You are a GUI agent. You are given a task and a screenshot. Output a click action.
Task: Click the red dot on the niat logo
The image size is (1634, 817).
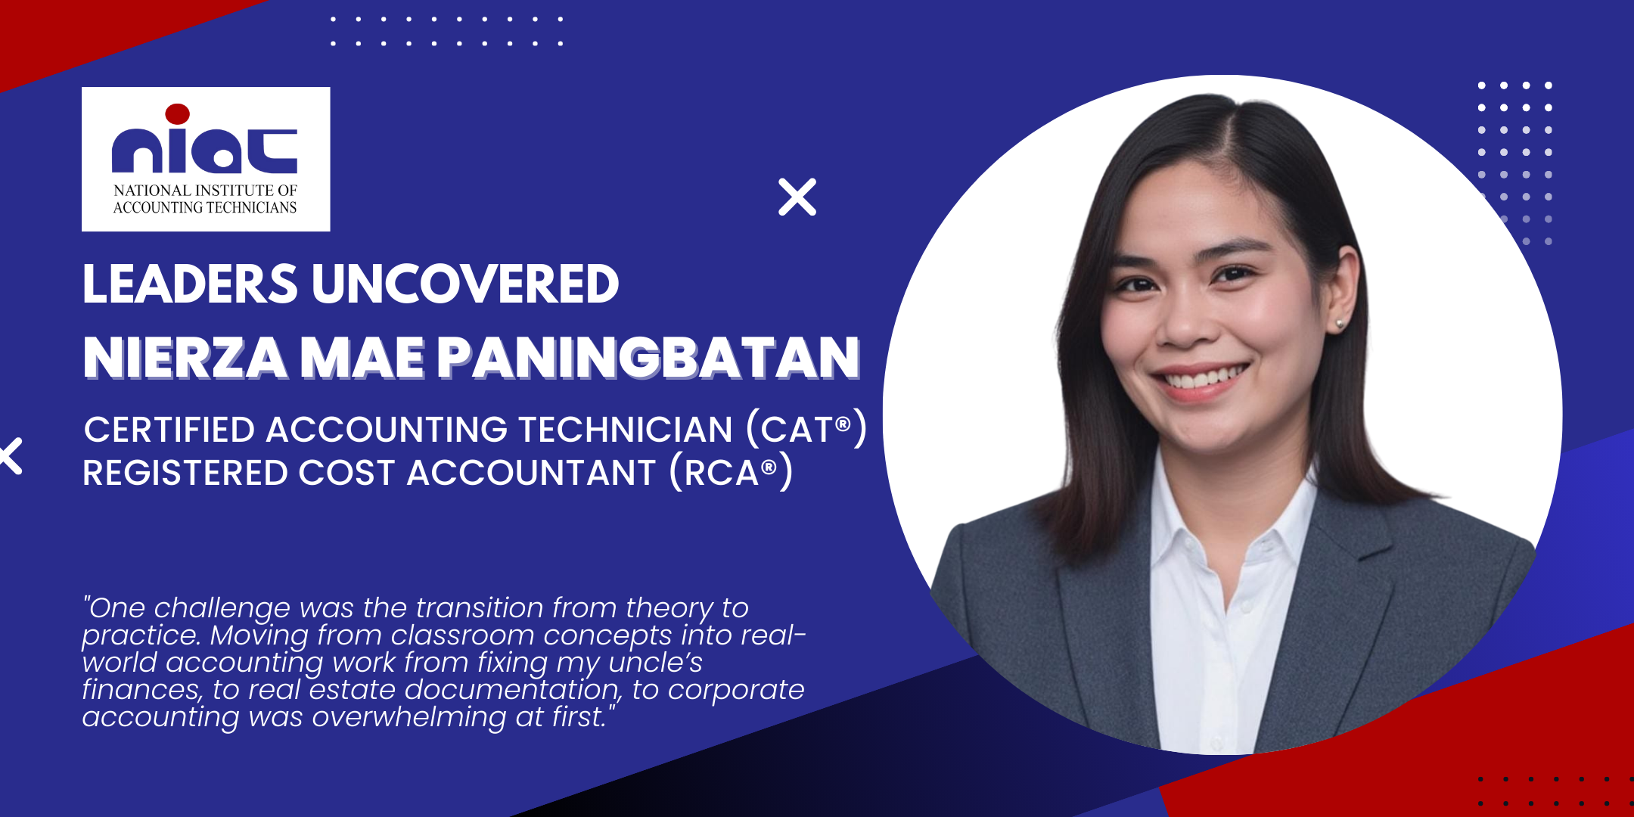[177, 113]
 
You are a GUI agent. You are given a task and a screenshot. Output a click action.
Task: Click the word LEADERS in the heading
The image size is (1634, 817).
[191, 284]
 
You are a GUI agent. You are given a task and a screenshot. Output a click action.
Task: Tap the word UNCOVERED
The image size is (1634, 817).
[465, 284]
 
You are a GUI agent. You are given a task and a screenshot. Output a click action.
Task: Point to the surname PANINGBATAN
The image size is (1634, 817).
[648, 357]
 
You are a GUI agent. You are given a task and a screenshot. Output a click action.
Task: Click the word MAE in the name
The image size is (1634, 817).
[362, 357]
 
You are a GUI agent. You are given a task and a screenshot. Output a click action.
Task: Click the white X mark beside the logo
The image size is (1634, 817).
[797, 197]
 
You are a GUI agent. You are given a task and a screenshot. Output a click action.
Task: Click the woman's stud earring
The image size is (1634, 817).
[1339, 324]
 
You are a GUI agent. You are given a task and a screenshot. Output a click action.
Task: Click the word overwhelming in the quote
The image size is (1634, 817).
[408, 716]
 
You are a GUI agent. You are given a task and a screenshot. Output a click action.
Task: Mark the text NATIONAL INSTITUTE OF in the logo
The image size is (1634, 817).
[206, 190]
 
